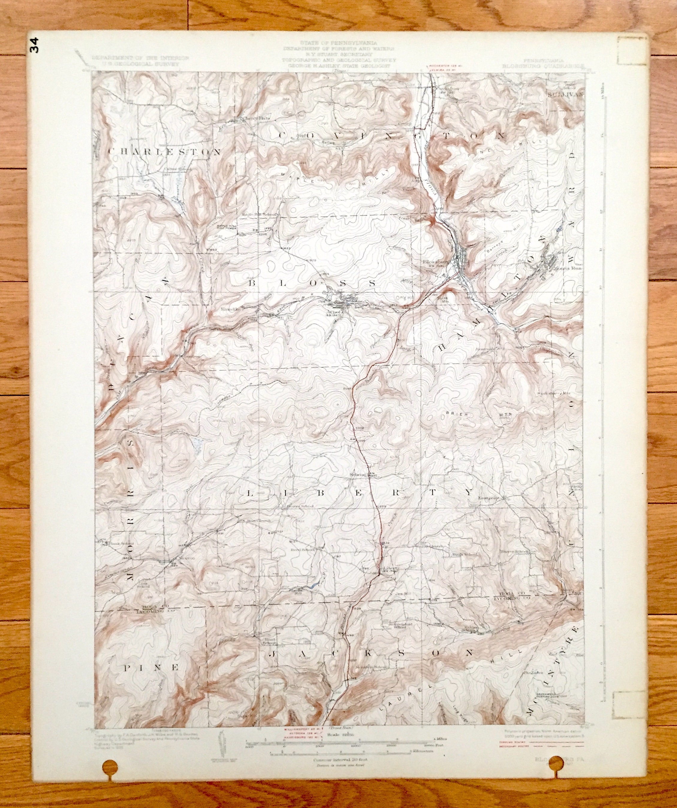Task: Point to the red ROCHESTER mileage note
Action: pos(440,66)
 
